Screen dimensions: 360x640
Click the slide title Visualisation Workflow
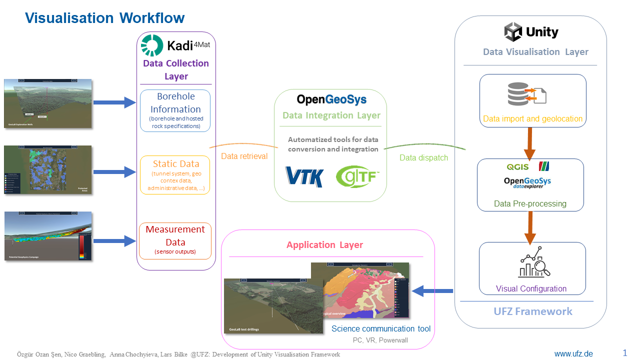pos(105,18)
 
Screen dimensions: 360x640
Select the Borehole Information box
pos(175,110)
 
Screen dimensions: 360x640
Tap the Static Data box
pos(175,175)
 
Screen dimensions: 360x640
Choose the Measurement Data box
pos(175,241)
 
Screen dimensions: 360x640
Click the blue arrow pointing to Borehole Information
pos(114,103)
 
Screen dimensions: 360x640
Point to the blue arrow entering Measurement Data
pos(114,241)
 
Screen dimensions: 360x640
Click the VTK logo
pos(304,177)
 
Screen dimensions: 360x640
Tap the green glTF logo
pos(357,177)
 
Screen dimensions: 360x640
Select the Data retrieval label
pos(244,156)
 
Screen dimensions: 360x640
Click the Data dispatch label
pos(423,158)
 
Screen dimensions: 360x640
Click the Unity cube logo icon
pos(513,32)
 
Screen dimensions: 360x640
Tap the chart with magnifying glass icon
pos(533,263)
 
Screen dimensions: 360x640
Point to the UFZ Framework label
pos(532,311)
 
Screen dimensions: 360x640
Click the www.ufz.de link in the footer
pos(573,354)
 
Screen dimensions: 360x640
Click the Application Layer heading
pos(324,245)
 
